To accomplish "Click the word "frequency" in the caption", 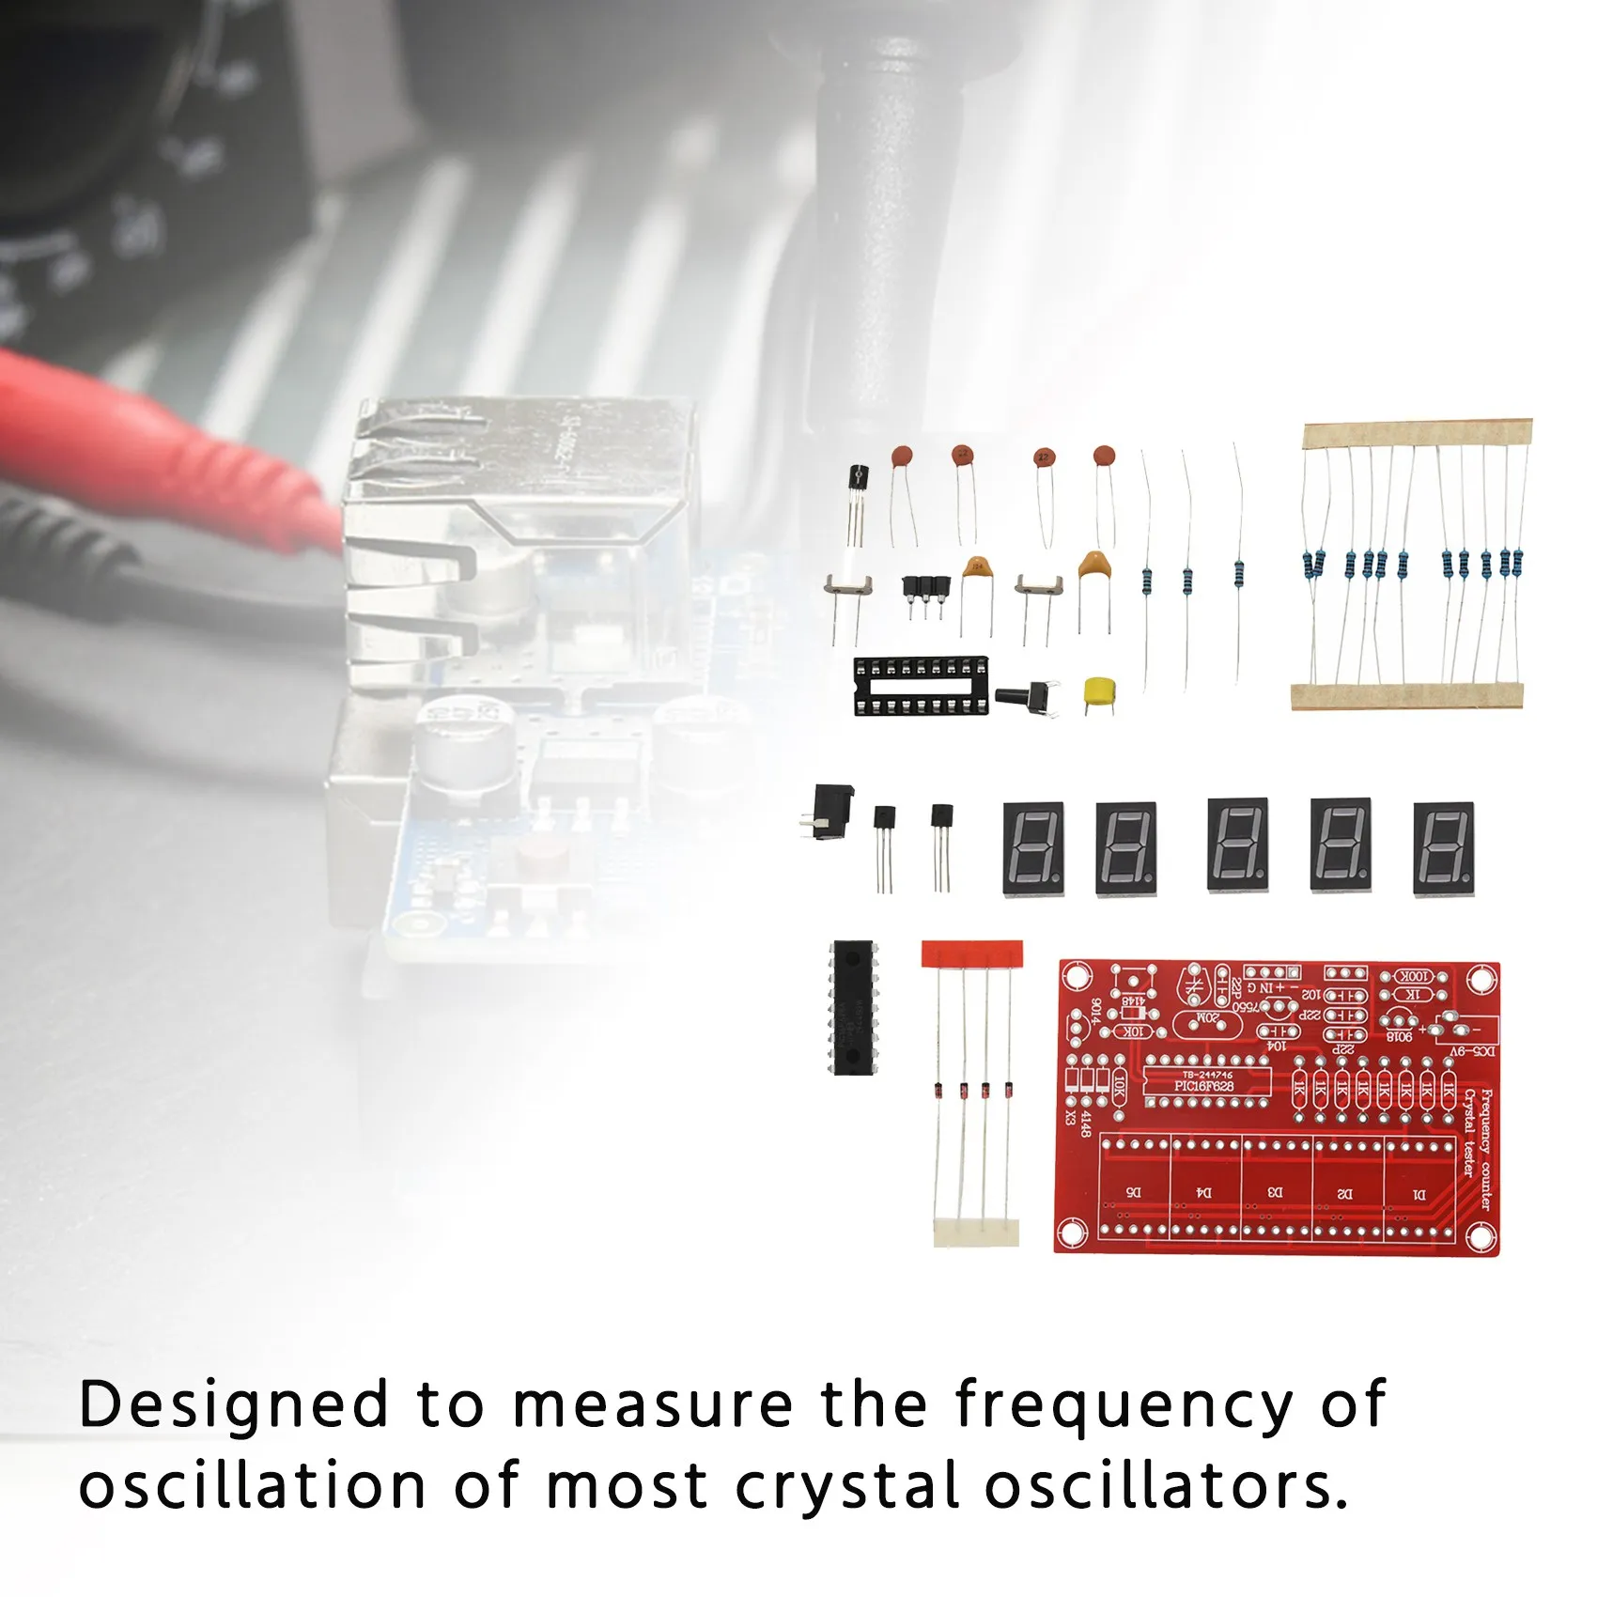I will (1124, 1406).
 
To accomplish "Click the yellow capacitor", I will (1097, 692).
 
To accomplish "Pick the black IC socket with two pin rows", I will (921, 686).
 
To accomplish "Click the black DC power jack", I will (830, 811).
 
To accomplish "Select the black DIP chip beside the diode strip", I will (853, 1007).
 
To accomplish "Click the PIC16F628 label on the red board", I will (1203, 1086).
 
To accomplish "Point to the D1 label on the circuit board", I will (1419, 1194).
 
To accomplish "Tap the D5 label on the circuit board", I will (1134, 1193).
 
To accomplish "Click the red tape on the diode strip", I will (971, 954).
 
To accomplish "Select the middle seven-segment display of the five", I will (1237, 845).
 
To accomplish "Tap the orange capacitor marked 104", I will (977, 569).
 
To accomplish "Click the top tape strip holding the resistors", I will (1417, 432).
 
